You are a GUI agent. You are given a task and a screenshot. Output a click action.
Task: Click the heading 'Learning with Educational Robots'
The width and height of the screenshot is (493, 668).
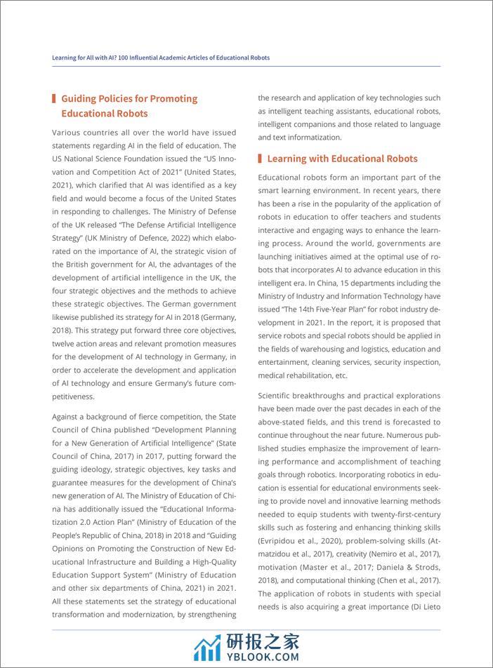[342, 159]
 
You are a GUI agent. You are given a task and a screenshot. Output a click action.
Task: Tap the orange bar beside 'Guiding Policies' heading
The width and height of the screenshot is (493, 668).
[54, 98]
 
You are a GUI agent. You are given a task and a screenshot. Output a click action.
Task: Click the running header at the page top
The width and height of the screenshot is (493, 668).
[161, 58]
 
